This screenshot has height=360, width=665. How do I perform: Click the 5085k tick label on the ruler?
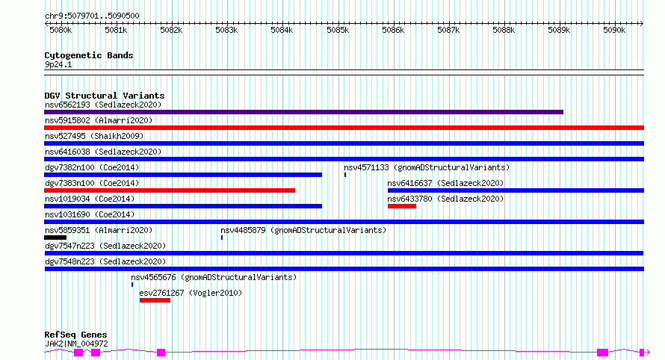(x=338, y=30)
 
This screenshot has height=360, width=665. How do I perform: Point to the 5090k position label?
(x=614, y=30)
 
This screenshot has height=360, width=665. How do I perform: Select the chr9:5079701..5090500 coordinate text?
(x=92, y=16)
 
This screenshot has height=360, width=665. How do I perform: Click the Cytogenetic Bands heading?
(x=89, y=55)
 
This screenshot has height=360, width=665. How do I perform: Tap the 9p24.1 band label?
(x=58, y=64)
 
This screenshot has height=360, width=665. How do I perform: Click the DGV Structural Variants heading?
(x=105, y=96)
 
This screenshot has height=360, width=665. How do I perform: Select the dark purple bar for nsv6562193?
(x=303, y=112)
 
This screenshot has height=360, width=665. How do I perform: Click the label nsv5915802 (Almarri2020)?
(x=99, y=120)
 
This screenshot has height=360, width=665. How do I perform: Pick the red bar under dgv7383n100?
(x=170, y=190)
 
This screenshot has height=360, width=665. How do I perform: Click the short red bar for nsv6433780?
(x=402, y=206)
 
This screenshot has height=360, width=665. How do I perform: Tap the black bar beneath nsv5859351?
(x=55, y=238)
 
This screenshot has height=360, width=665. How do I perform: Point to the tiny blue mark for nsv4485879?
(x=222, y=238)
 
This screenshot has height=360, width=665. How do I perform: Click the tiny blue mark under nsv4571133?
(x=345, y=175)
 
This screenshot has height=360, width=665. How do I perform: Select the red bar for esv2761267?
(x=155, y=300)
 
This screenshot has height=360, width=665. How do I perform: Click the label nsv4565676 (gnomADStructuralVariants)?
(x=214, y=277)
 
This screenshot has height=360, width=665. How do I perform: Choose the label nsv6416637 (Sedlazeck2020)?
(x=445, y=183)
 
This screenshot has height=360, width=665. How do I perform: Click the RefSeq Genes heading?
(x=75, y=335)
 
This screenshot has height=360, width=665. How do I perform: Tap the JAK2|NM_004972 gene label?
(x=76, y=344)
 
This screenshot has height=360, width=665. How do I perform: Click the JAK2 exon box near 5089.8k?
(x=602, y=353)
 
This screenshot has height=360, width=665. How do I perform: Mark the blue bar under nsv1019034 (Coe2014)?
(x=183, y=206)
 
